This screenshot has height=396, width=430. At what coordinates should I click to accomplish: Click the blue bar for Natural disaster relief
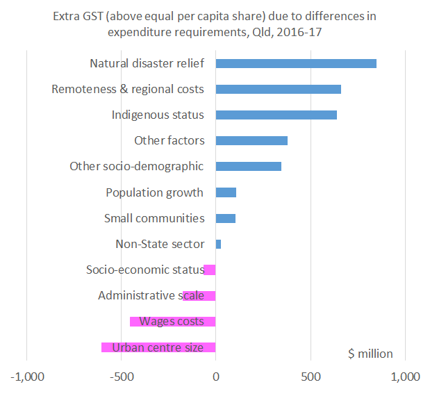tap(296, 63)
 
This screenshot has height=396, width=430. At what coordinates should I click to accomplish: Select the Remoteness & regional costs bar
tap(278, 89)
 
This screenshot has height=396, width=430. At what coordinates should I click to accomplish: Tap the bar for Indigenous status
tap(276, 115)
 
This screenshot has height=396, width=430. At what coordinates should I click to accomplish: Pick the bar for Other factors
tap(251, 140)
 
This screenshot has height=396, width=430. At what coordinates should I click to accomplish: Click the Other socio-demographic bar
tap(249, 166)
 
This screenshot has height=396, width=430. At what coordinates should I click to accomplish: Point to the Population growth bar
tap(226, 192)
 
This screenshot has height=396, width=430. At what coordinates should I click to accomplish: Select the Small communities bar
tap(226, 218)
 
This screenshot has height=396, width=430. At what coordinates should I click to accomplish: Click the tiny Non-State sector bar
tap(218, 244)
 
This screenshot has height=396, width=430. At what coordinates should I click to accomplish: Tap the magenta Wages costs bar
tap(172, 322)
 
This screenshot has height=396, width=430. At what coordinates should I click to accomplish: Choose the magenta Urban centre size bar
tap(158, 347)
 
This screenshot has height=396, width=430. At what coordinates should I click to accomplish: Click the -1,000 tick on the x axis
tap(26, 377)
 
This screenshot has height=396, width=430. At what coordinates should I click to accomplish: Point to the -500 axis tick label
tap(122, 377)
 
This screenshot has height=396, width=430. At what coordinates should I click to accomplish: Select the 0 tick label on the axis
tap(215, 377)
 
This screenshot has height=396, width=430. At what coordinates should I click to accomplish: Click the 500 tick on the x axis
tap(311, 377)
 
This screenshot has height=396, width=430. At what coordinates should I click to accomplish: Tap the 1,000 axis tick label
tap(406, 377)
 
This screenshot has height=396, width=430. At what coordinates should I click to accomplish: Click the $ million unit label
tap(370, 354)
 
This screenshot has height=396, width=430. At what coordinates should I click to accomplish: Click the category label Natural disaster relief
tap(147, 63)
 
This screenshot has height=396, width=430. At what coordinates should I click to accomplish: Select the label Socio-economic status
tap(144, 270)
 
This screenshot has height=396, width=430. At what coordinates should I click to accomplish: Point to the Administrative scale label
tap(151, 295)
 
